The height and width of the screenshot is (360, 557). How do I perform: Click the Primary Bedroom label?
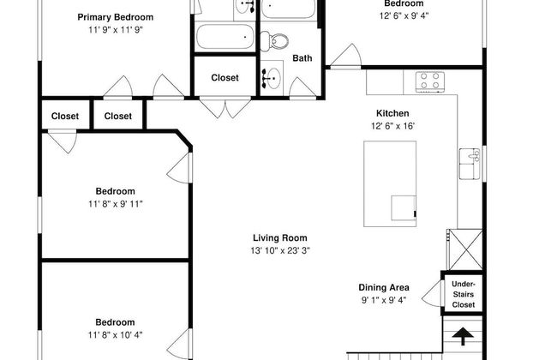(x=116, y=17)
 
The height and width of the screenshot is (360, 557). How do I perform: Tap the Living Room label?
(x=280, y=237)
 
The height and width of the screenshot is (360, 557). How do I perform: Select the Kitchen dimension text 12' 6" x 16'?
(x=392, y=126)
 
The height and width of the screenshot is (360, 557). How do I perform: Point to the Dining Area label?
(x=384, y=287)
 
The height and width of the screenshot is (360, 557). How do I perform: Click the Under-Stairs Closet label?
(x=464, y=294)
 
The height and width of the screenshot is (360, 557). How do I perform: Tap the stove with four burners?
(x=430, y=81)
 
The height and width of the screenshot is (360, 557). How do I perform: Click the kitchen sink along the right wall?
(x=470, y=164)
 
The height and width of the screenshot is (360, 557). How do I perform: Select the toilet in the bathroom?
(x=274, y=41)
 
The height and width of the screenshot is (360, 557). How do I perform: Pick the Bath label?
(x=302, y=58)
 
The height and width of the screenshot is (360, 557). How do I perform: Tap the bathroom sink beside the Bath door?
(x=272, y=78)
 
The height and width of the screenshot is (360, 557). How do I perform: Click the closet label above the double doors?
(x=225, y=77)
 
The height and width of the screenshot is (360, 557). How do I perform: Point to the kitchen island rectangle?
(x=390, y=183)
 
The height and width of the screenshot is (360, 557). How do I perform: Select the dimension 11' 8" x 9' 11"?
(x=116, y=204)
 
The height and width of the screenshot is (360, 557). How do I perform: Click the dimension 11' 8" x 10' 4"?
(x=116, y=335)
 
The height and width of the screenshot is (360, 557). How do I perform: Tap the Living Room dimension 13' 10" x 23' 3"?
(x=280, y=250)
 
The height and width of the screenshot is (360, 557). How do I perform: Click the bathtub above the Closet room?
(x=225, y=37)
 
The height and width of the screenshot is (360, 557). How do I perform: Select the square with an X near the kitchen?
(x=465, y=249)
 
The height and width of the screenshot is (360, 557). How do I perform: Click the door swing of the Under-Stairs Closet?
(x=433, y=293)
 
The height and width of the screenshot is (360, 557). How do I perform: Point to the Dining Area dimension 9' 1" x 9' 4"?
(x=384, y=300)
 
